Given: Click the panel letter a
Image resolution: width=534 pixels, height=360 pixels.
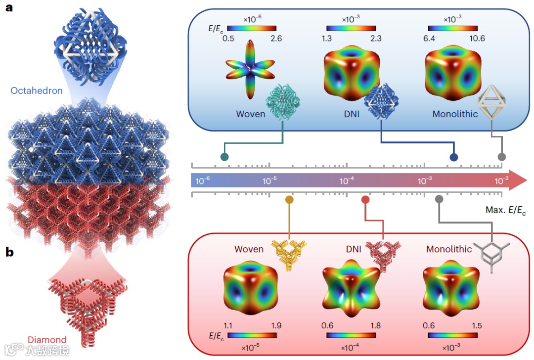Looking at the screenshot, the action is (x=9, y=8).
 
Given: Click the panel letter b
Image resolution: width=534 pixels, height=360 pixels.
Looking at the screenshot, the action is (x=9, y=252).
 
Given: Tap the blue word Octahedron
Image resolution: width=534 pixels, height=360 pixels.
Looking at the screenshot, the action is (x=36, y=91).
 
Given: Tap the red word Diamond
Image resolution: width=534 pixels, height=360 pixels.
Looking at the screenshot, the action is (x=47, y=340).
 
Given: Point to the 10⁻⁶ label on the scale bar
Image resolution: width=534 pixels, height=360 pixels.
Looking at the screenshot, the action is (x=203, y=181).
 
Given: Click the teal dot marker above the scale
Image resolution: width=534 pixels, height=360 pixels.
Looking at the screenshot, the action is (x=224, y=157).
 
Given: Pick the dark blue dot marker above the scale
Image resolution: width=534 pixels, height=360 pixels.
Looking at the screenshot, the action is (x=453, y=157).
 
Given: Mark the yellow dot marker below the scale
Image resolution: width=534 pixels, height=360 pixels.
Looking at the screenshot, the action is (x=289, y=200).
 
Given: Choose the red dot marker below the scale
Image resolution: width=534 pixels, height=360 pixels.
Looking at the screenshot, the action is (x=365, y=200).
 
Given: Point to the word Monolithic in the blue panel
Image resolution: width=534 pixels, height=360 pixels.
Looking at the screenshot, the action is (x=455, y=114).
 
